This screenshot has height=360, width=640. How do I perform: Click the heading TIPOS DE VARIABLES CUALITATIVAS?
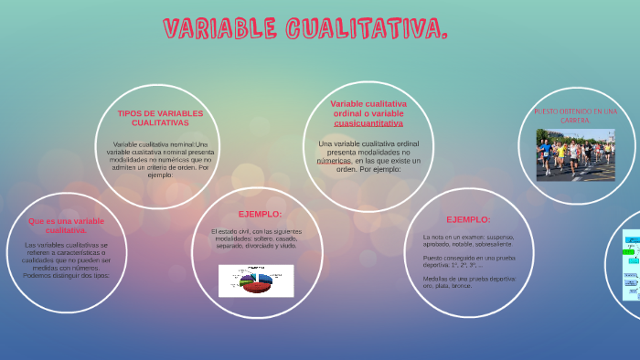(160, 118)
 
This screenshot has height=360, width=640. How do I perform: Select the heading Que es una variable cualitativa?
(66, 226)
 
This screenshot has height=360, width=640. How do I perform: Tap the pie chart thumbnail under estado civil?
(256, 281)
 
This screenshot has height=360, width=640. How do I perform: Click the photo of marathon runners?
(575, 154)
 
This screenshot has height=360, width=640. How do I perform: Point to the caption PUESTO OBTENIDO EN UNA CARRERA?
(575, 116)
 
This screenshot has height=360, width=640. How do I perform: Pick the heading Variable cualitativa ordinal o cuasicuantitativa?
(368, 113)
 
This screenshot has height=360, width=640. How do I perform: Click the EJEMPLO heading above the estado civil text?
(260, 214)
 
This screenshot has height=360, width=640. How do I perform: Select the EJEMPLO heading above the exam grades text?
(468, 219)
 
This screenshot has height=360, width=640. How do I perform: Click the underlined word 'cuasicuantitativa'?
(368, 122)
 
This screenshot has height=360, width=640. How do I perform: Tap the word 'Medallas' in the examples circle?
(436, 279)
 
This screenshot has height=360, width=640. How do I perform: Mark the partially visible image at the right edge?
(631, 265)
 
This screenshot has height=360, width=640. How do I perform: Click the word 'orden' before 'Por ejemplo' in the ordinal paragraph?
(347, 169)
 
